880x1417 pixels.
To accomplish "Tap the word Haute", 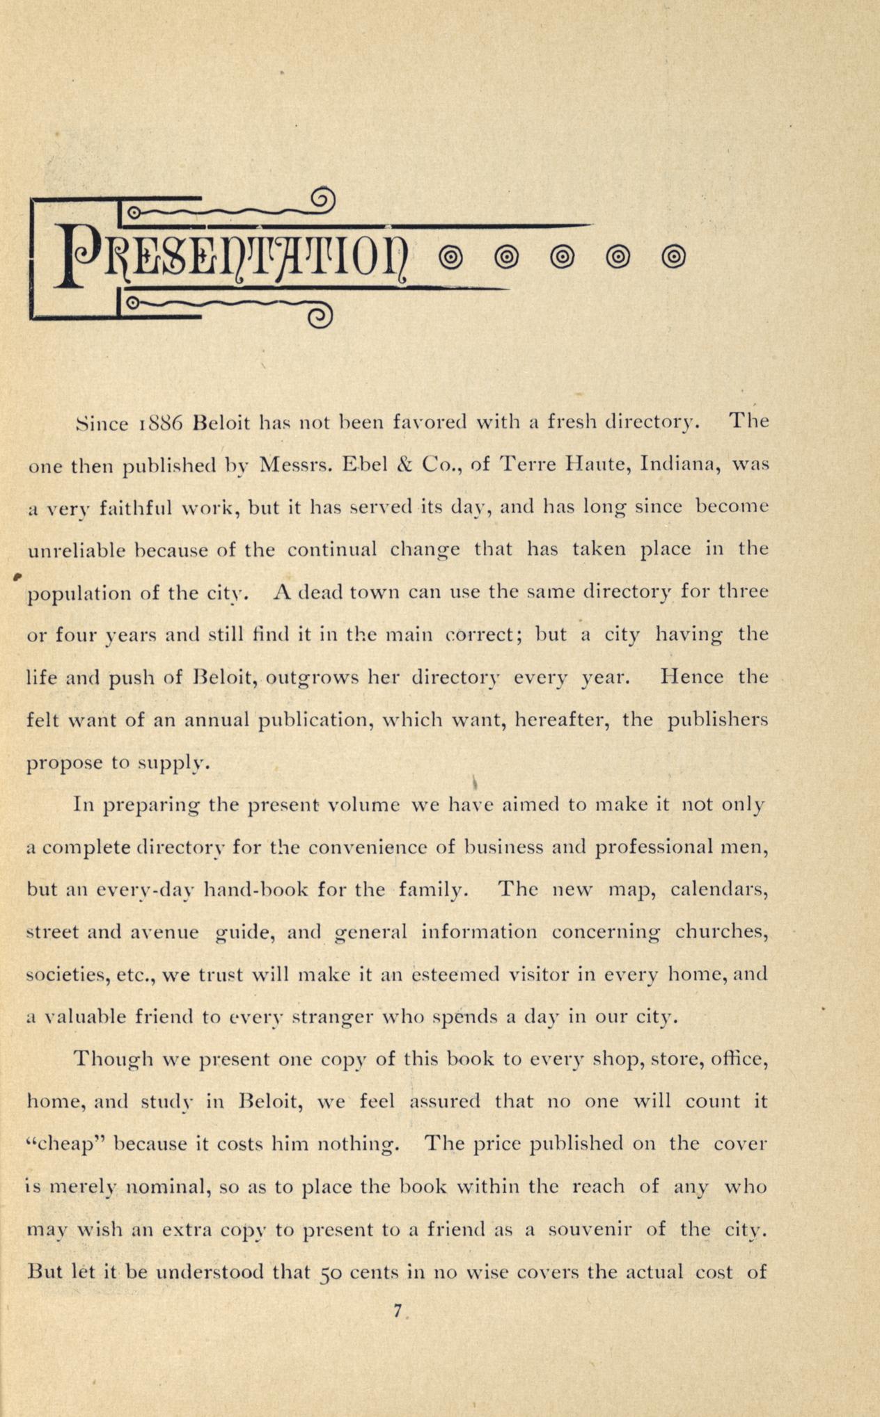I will click(x=590, y=465).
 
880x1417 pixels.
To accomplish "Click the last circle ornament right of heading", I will click(x=673, y=257).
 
